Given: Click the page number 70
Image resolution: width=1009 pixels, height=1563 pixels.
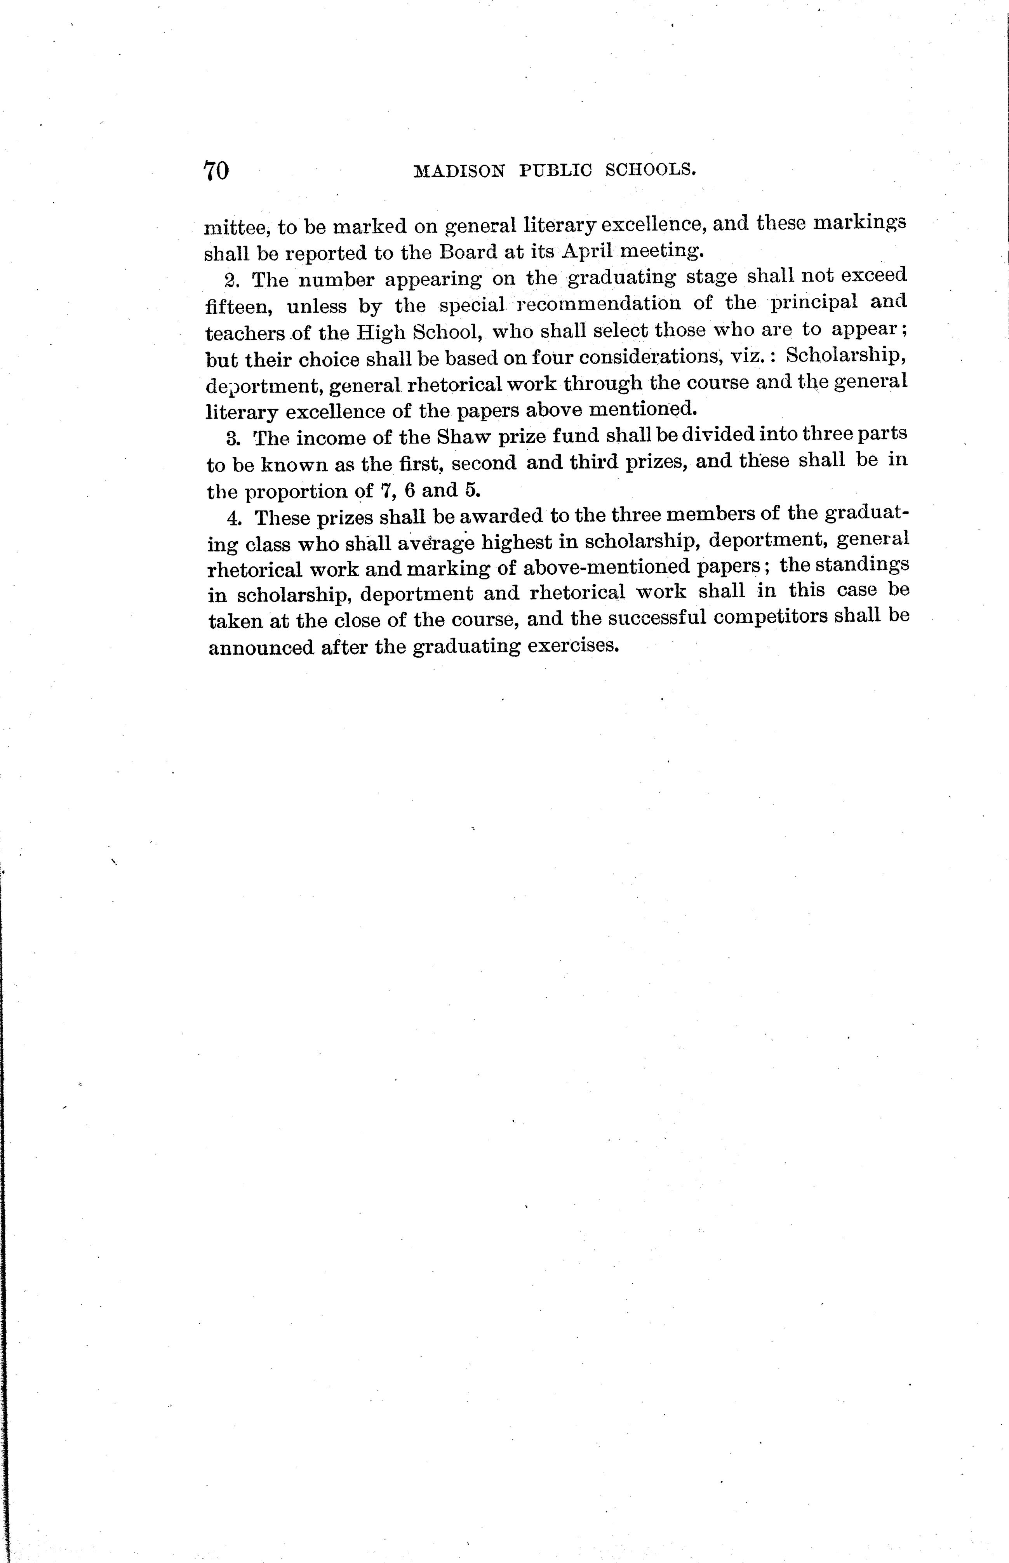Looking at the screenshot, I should [216, 171].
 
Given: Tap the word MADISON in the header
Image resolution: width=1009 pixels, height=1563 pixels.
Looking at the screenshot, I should [460, 171].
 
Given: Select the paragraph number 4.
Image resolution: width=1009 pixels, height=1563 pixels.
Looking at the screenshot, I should [233, 518].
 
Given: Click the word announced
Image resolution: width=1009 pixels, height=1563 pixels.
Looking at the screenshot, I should [261, 648].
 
